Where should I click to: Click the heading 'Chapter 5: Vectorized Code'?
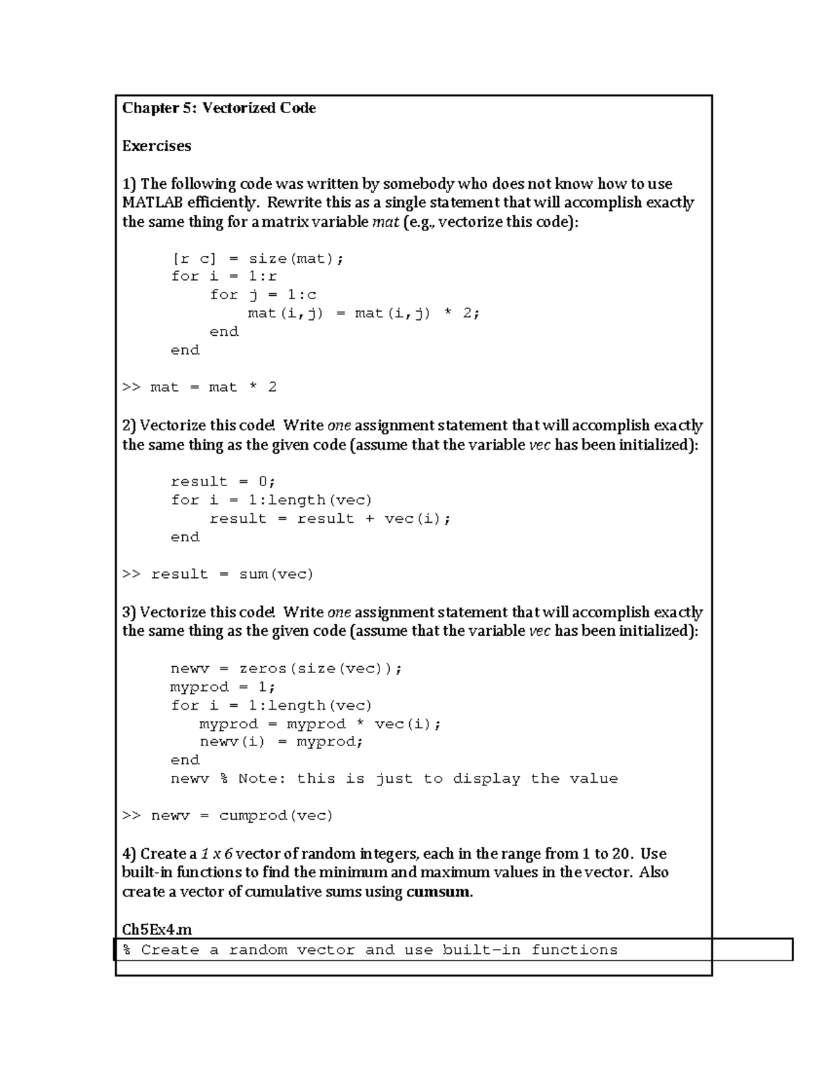[x=219, y=108]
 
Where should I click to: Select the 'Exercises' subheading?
[x=157, y=146]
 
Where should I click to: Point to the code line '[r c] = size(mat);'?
[x=257, y=259]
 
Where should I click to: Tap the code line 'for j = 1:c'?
[x=263, y=295]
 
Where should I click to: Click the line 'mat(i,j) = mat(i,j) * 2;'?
[x=364, y=314]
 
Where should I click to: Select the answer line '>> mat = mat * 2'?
[x=199, y=388]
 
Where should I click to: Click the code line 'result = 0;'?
[x=223, y=482]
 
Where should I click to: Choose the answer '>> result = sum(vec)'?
[x=218, y=574]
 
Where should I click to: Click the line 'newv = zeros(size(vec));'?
[x=286, y=669]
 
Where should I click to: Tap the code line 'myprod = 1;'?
[x=223, y=688]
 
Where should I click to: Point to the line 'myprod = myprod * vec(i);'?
[x=320, y=725]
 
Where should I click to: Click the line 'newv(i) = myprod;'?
[x=281, y=743]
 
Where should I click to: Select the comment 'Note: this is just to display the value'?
[x=428, y=779]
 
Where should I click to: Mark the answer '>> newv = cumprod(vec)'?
[x=228, y=817]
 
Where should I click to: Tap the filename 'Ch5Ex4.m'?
[x=157, y=930]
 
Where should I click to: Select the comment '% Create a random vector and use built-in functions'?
[x=370, y=950]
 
